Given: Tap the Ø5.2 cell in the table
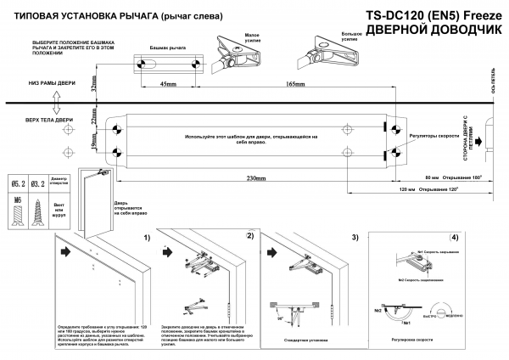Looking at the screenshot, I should [x=17, y=183].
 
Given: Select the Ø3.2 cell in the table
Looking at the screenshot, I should [x=38, y=183].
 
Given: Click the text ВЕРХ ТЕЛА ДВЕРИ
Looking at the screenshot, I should [x=53, y=120].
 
